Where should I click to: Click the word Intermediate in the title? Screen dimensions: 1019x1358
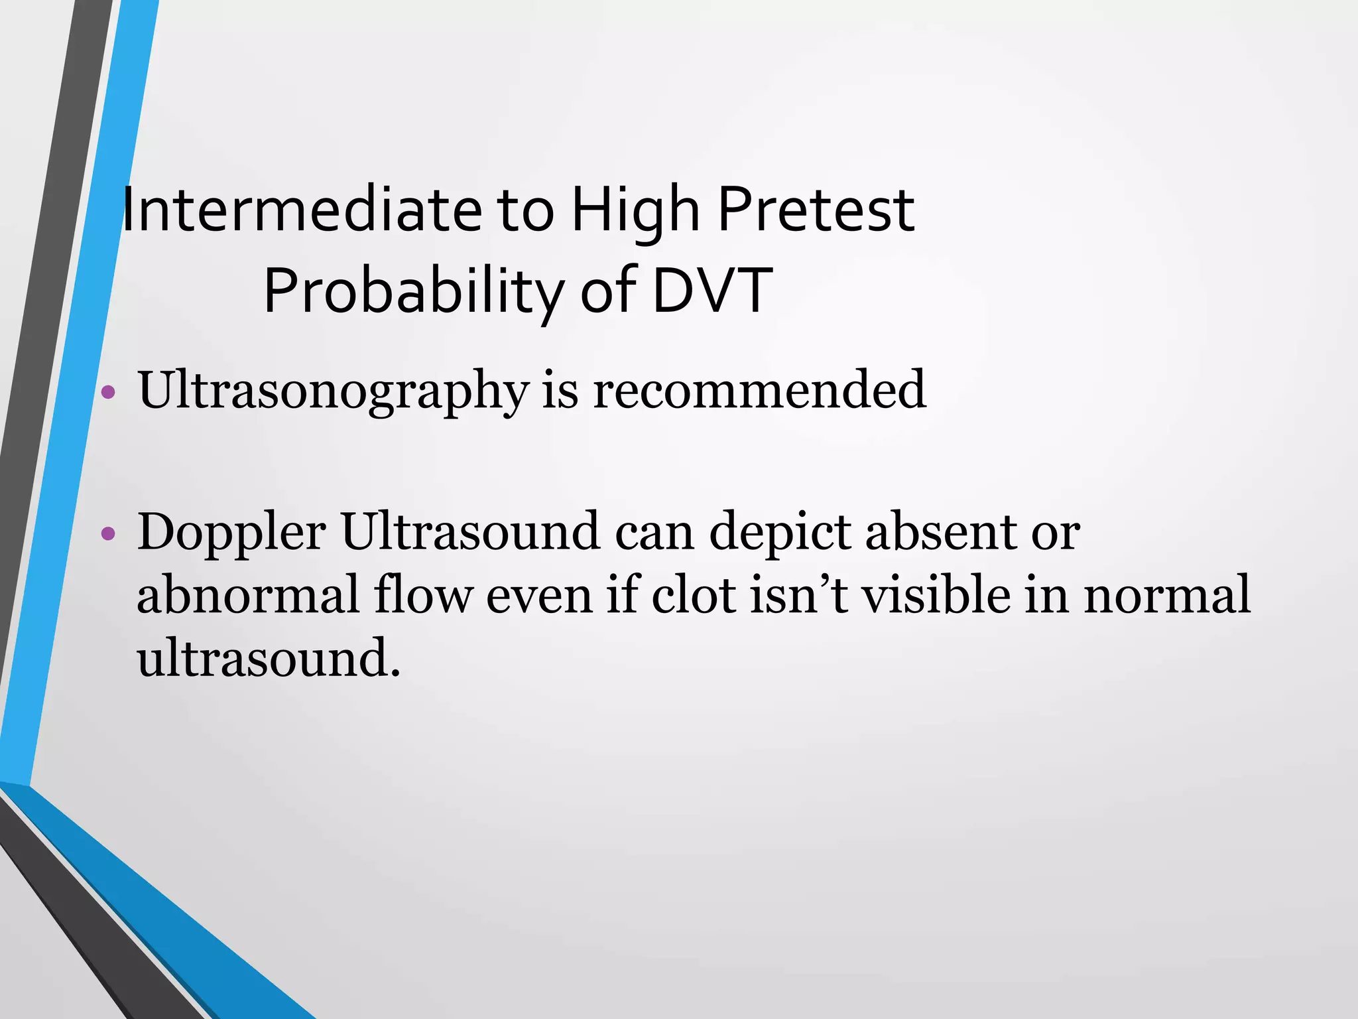point(302,210)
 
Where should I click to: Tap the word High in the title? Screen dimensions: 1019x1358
point(635,210)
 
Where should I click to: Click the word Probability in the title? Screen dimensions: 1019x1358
point(414,291)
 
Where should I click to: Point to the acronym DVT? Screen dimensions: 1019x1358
point(712,291)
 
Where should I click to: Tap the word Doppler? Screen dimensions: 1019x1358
point(231,533)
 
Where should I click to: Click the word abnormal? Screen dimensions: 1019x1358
point(248,594)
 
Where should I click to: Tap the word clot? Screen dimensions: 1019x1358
point(694,594)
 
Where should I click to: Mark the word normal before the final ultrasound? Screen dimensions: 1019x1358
point(1167,596)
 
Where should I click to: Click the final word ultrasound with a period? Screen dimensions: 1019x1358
point(269,658)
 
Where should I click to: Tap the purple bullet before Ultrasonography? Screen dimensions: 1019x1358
point(109,393)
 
